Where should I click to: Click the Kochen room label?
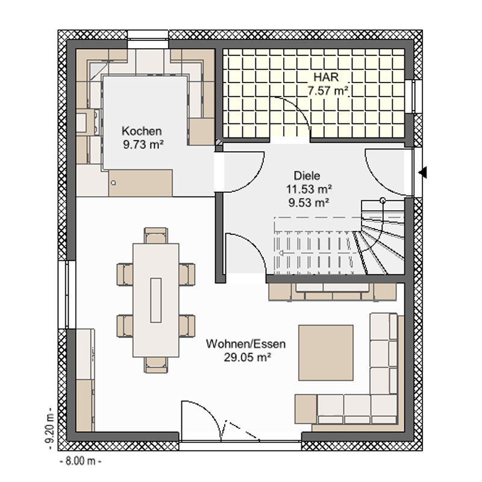coord(142,131)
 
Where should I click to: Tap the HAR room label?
coord(326,77)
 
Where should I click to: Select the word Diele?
coord(307,176)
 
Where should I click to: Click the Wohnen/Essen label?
coord(246,343)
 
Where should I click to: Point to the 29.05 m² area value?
coord(247,357)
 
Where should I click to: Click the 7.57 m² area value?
coord(328,91)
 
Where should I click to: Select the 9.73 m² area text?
coord(143,145)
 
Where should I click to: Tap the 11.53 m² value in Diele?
coord(309,189)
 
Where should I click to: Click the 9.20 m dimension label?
coord(49,430)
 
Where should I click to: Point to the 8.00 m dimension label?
coord(80,461)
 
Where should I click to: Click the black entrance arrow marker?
coord(423,172)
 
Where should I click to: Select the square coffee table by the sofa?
coord(326,352)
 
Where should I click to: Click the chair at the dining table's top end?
coord(156,236)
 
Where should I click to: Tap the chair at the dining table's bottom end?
coord(156,365)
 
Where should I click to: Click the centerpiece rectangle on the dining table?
coord(156,300)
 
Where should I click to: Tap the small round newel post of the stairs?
coord(383,201)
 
